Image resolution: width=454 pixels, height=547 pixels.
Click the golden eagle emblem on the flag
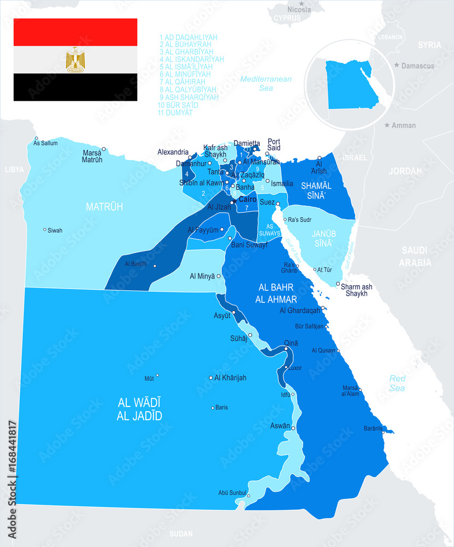click(75, 60)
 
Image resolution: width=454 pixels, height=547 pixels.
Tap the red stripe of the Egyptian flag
click(75, 32)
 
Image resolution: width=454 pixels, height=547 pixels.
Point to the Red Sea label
click(397, 383)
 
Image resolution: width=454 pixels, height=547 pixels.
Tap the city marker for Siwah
click(45, 230)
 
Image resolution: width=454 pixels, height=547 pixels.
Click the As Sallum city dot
click(36, 138)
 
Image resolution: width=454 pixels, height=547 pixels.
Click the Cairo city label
click(247, 200)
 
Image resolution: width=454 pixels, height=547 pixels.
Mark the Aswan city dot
click(293, 428)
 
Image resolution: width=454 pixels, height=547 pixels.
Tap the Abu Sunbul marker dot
click(248, 496)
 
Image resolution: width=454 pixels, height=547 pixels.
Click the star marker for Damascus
click(397, 65)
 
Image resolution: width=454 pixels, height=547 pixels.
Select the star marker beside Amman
click(387, 125)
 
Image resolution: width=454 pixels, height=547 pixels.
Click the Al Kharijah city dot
click(211, 377)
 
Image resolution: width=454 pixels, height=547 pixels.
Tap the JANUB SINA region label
click(322, 238)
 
